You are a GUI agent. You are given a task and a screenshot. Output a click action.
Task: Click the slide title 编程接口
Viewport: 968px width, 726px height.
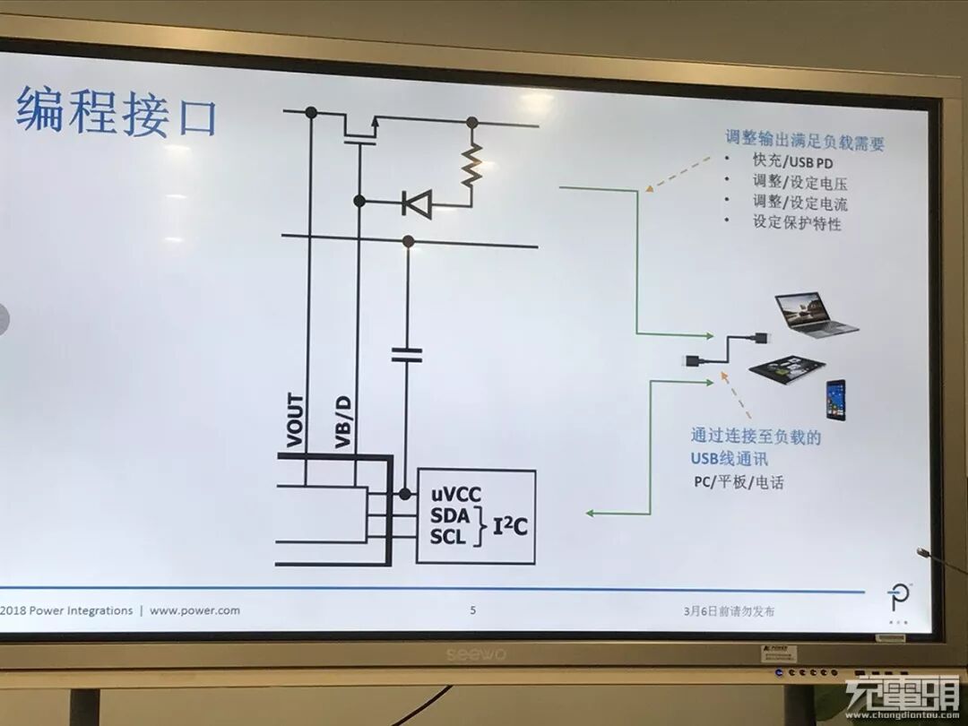[x=117, y=111]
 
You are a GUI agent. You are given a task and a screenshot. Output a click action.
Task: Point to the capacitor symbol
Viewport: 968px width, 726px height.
[x=407, y=356]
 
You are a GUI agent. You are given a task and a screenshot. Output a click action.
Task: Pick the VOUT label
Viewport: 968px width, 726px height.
[x=295, y=420]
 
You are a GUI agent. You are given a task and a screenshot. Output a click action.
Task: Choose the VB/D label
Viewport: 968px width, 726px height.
[x=343, y=420]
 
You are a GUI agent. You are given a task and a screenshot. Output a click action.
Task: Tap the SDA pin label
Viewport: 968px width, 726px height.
[x=450, y=516]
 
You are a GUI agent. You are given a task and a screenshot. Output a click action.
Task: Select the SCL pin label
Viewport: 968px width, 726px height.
[x=449, y=538]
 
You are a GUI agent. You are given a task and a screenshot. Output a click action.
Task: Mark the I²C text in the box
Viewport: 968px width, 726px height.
[x=508, y=526]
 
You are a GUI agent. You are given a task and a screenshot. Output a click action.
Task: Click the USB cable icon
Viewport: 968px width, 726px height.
[x=727, y=349]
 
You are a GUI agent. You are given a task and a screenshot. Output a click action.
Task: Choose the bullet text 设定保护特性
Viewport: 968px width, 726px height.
[x=797, y=223]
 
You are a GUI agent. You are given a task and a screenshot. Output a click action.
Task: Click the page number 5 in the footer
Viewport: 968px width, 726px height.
[x=473, y=611]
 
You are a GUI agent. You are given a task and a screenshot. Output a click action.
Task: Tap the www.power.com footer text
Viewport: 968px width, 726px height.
[x=194, y=610]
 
